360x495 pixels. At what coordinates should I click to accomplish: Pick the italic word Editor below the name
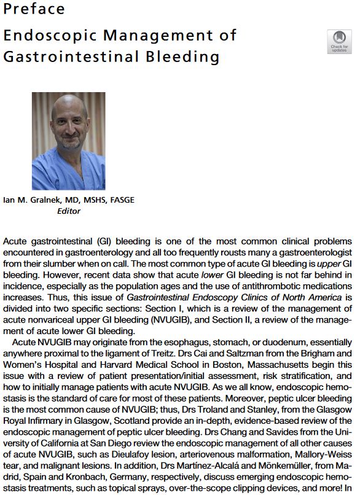point(68,211)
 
